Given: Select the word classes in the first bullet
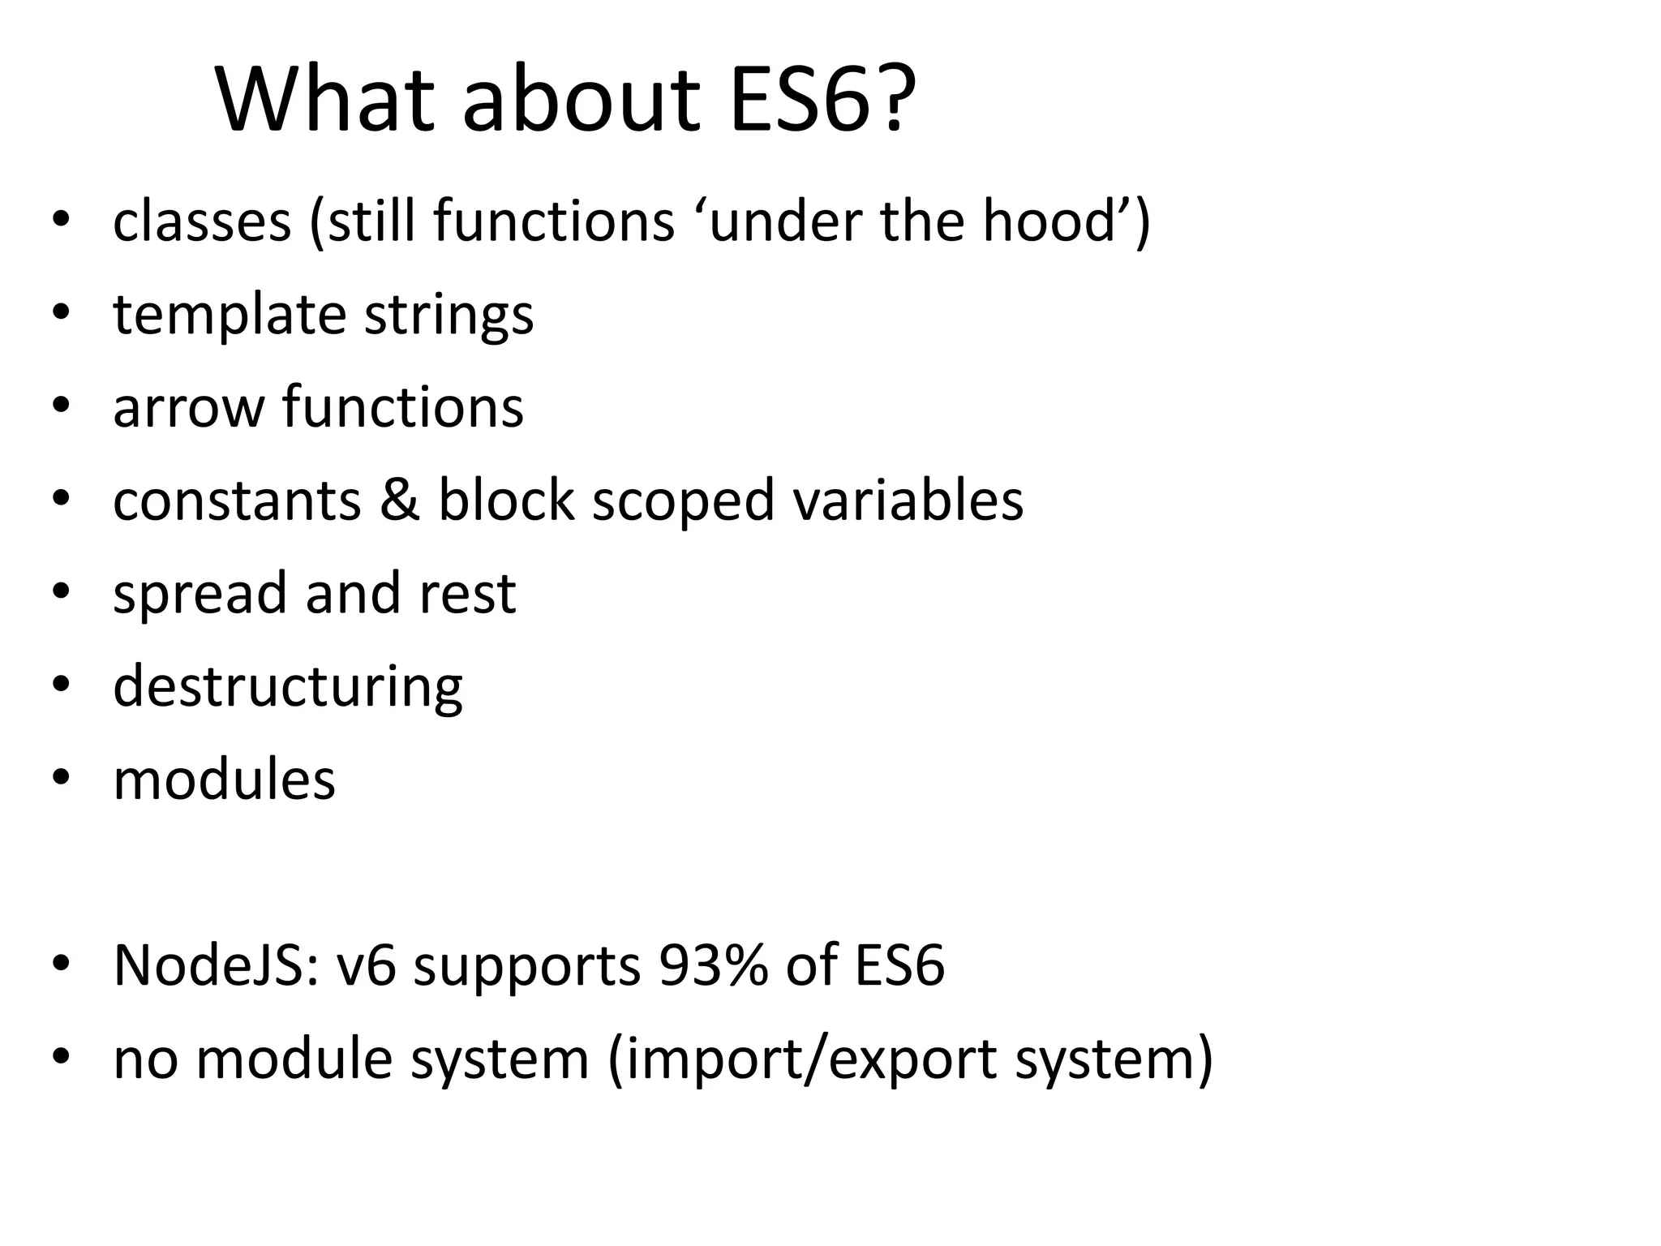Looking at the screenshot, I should [201, 221].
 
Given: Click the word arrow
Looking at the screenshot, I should [189, 407].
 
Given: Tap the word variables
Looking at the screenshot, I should [908, 500].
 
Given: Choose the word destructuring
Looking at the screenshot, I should [287, 687].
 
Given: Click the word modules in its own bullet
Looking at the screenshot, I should [224, 780].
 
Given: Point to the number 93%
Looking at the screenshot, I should [713, 966].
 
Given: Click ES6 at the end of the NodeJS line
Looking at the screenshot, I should [899, 966].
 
